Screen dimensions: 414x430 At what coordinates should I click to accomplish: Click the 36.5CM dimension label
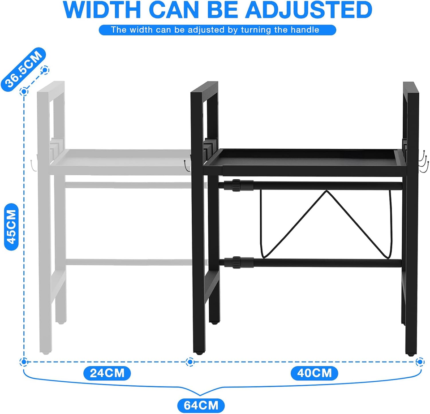point(24,70)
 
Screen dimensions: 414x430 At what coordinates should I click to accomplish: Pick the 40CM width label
point(314,372)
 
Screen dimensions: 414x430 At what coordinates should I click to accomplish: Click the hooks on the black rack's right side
point(424,161)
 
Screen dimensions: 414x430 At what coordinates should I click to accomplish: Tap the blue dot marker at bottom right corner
point(420,361)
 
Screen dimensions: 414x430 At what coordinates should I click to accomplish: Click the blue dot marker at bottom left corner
point(25,361)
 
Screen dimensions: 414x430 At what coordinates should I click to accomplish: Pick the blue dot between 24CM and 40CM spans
point(189,361)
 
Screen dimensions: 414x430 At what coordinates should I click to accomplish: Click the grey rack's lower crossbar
point(134,262)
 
